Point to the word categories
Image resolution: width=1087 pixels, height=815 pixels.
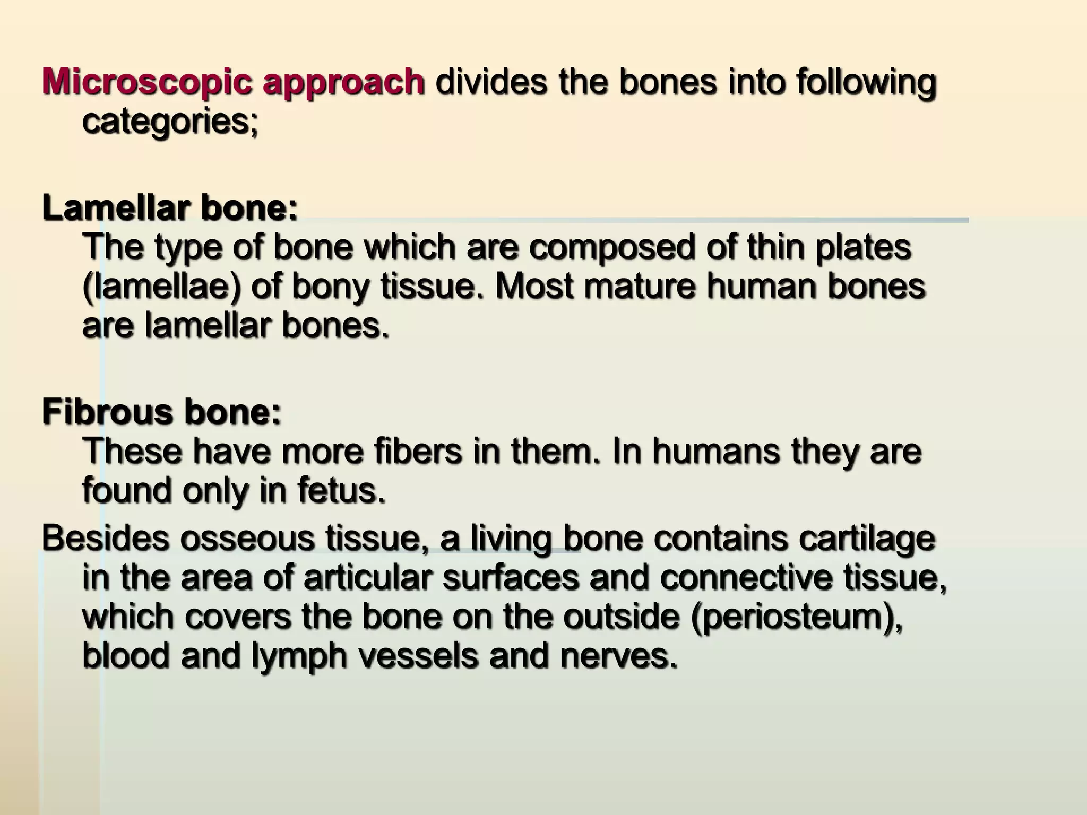pos(169,123)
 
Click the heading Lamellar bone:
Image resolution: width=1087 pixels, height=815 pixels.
pos(170,208)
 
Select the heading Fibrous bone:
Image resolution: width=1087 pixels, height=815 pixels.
pos(161,412)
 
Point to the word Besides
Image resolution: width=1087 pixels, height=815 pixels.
pos(106,538)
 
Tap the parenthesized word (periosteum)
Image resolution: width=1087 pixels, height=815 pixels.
pos(796,618)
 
